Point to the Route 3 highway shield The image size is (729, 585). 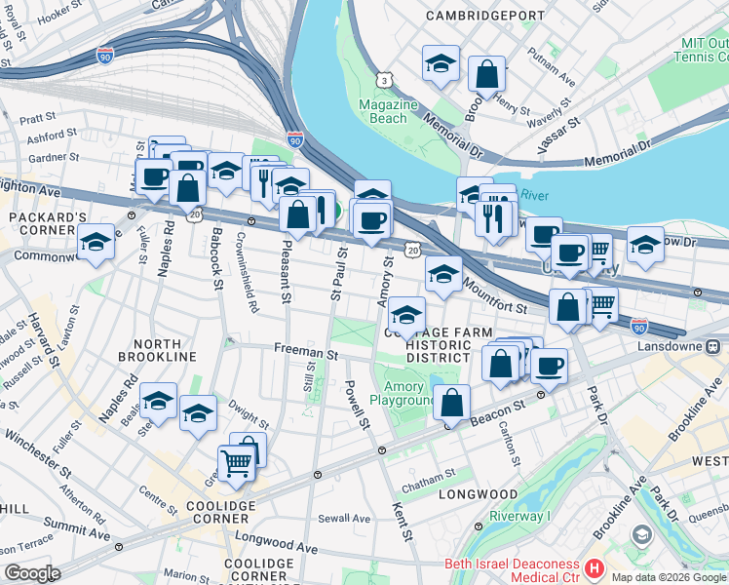(387, 78)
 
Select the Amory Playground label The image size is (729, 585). (403, 394)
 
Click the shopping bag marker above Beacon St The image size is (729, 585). (452, 402)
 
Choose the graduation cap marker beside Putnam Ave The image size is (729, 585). (441, 64)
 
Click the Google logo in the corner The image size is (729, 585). (32, 573)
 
